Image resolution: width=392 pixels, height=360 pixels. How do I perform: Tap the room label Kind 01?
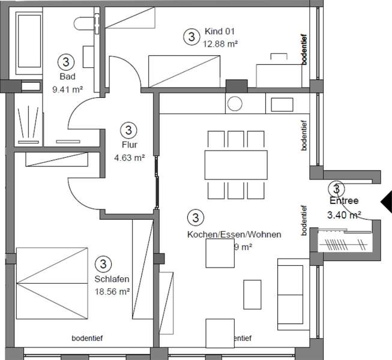[x=219, y=32]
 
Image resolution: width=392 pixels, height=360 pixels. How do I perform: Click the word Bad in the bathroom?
[x=66, y=77]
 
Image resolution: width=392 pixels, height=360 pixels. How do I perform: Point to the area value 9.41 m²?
[x=67, y=89]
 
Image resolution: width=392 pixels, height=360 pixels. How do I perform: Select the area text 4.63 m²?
[x=129, y=158]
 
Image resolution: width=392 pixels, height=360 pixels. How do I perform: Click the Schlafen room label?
[x=112, y=279]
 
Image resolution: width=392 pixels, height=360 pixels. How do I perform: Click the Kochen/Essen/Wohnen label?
[x=234, y=234]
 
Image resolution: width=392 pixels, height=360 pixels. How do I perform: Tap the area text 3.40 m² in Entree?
[x=343, y=214]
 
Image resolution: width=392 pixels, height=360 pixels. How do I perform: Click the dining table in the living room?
[x=235, y=164]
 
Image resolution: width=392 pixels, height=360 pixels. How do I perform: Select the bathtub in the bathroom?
[x=28, y=41]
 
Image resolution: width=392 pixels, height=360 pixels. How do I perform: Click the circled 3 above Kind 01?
[x=191, y=37]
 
